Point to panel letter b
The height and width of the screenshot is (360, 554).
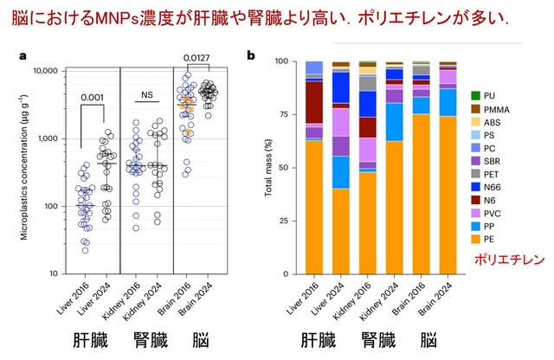click(x=251, y=56)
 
